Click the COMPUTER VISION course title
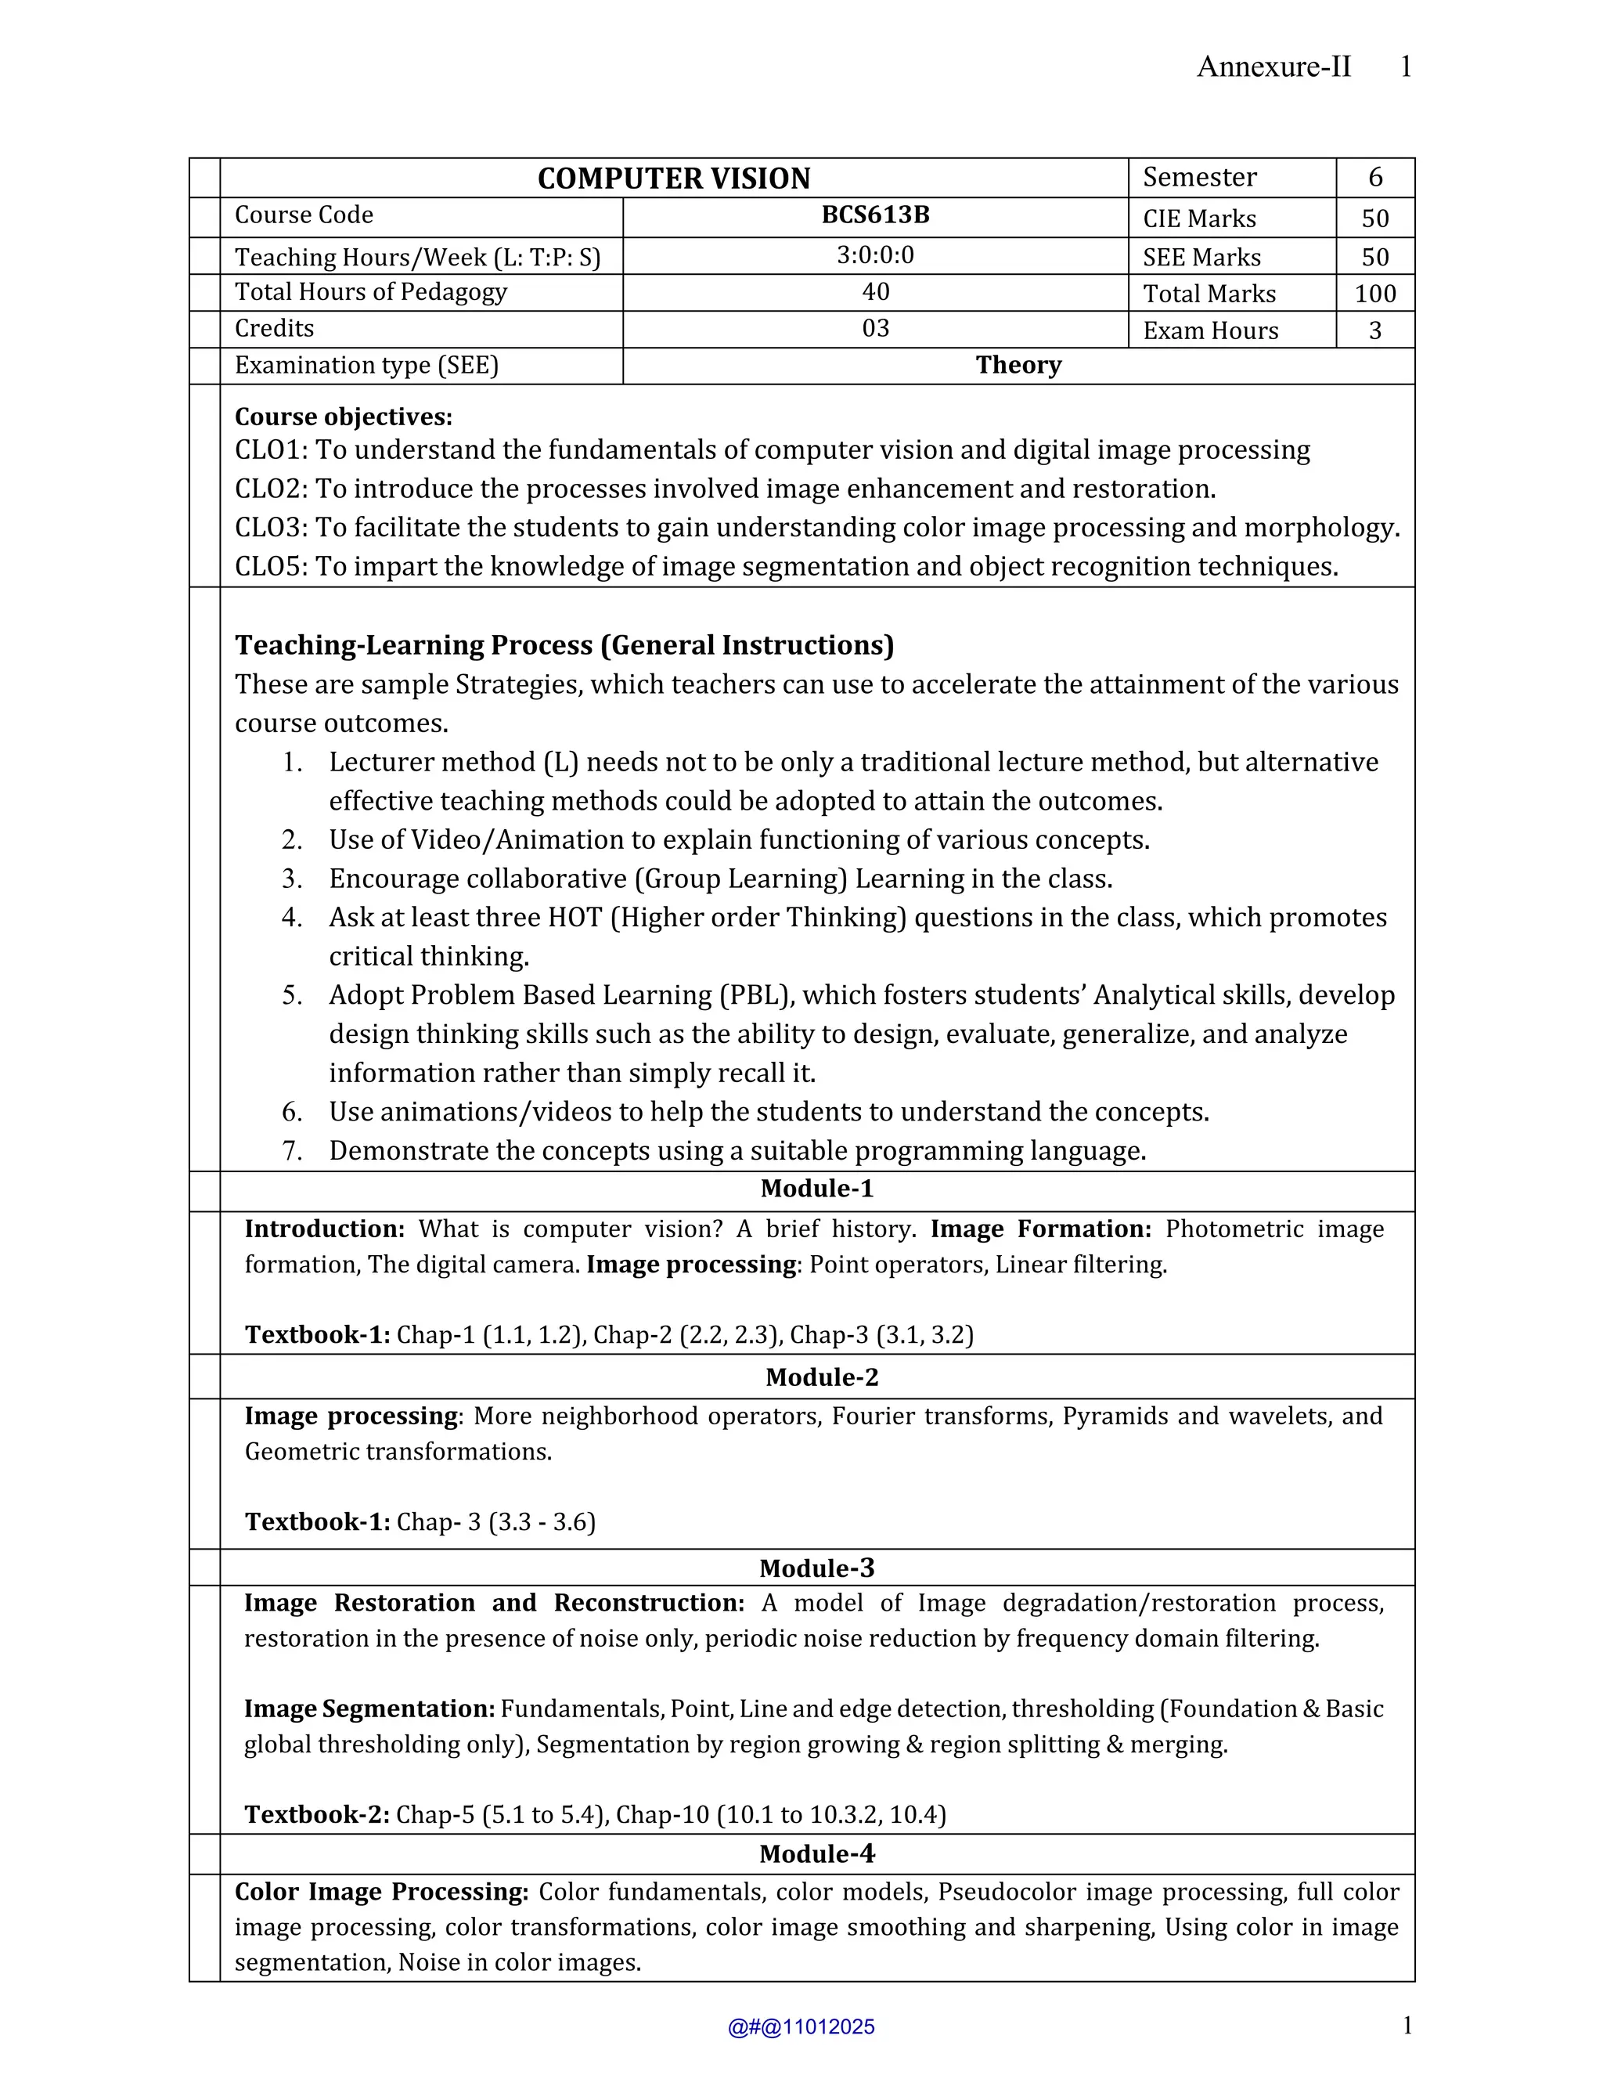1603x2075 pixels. [x=673, y=179]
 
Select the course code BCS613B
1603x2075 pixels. [x=874, y=215]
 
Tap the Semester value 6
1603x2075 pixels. [x=1374, y=178]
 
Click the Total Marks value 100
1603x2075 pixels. [x=1374, y=294]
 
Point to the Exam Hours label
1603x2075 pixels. [x=1210, y=330]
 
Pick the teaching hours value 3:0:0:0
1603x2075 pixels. [x=874, y=254]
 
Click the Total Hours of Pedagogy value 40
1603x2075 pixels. [x=874, y=292]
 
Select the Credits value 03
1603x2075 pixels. [x=874, y=329]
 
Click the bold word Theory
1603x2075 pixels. [x=1018, y=365]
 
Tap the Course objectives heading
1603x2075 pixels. [x=343, y=417]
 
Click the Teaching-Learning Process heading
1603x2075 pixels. [x=564, y=645]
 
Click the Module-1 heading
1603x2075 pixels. [x=816, y=1189]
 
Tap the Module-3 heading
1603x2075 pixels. [x=816, y=1568]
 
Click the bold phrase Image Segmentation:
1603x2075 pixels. [x=369, y=1709]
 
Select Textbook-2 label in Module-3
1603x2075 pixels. [x=316, y=1815]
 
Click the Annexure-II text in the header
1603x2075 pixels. [x=1273, y=67]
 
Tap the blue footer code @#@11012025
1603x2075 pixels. [x=801, y=2027]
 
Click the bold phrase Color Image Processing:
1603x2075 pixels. [x=381, y=1892]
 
